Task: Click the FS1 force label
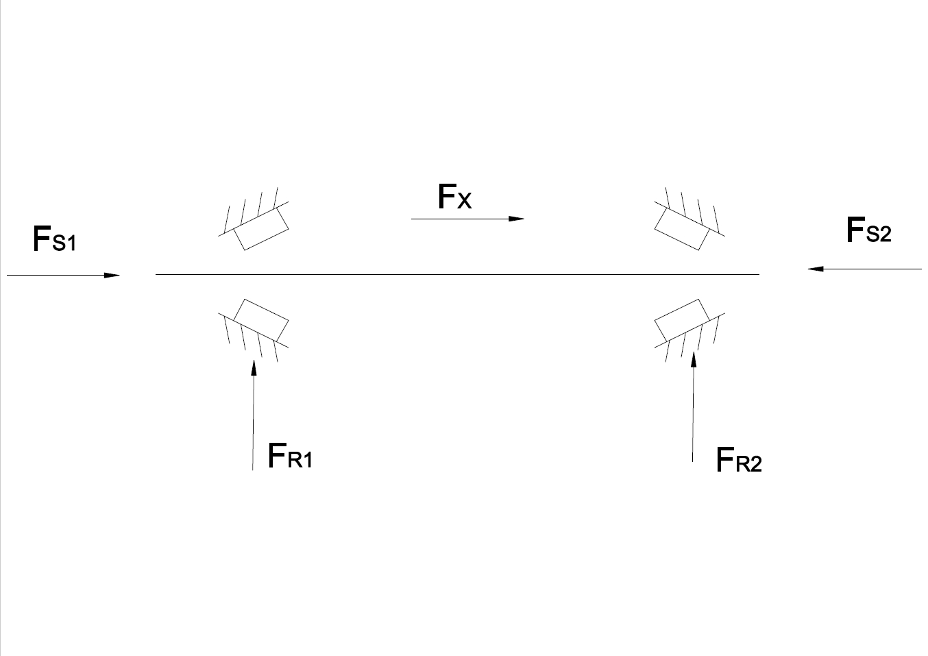coord(54,239)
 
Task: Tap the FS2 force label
coord(868,230)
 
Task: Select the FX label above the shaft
coord(454,197)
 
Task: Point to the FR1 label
coord(290,456)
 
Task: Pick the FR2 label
coord(738,460)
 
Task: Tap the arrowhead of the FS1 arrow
coord(112,276)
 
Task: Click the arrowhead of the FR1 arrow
coord(254,368)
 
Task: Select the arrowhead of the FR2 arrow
coord(694,360)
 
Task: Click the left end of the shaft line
coord(156,274)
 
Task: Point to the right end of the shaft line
coord(759,274)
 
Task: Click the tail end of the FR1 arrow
coord(253,469)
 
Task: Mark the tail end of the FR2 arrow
coord(692,461)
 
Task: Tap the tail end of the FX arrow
coord(412,219)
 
